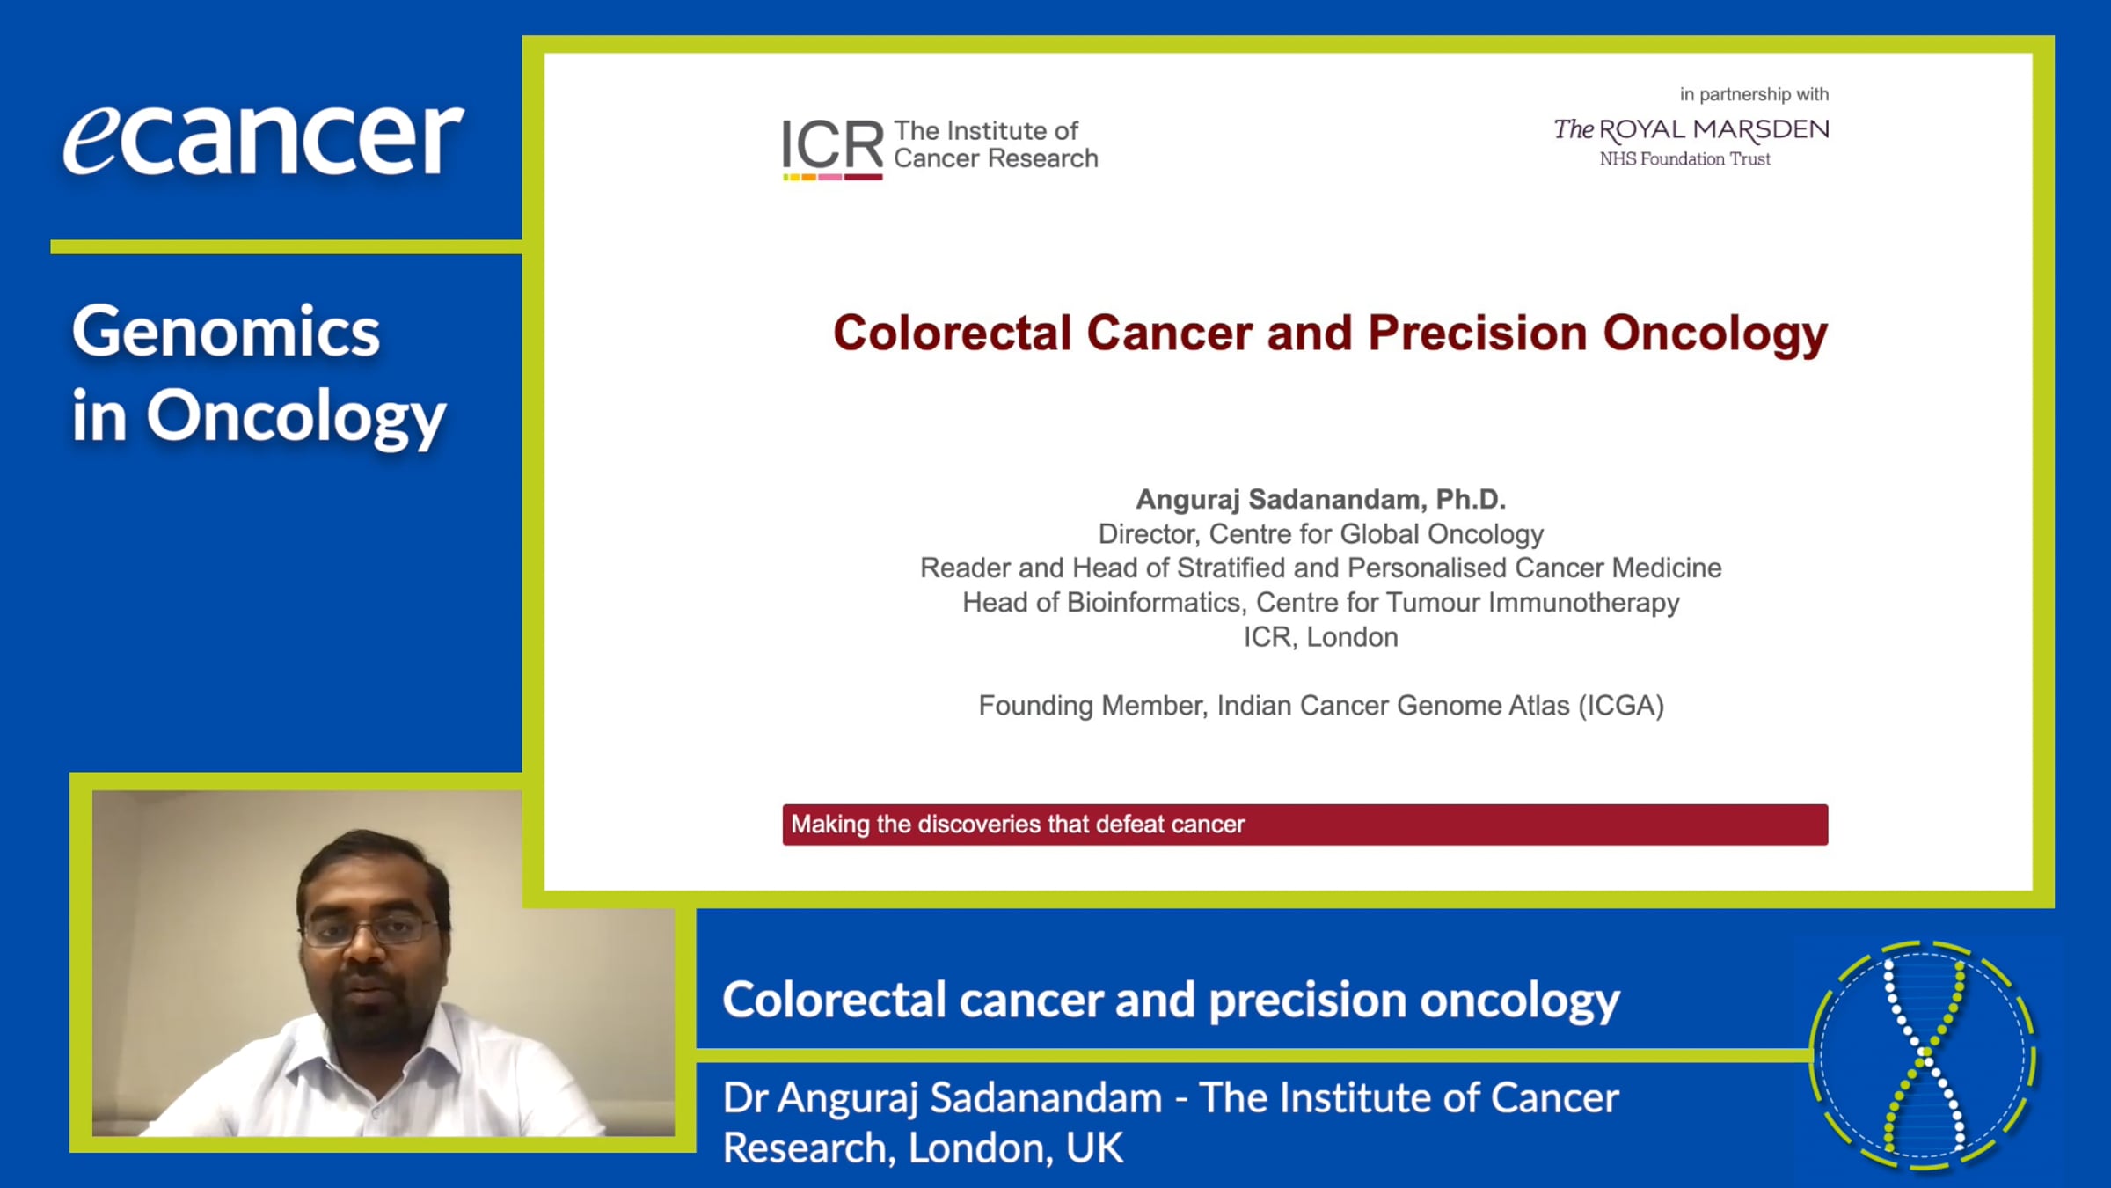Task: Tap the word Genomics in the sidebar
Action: (226, 332)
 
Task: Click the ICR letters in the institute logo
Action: (832, 143)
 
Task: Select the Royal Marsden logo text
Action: (1691, 130)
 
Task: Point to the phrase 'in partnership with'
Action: (1754, 94)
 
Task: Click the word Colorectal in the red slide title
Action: (953, 333)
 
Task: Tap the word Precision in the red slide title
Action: (1478, 333)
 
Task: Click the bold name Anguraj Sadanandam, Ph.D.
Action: (1320, 499)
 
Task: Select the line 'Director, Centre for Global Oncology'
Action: (1320, 533)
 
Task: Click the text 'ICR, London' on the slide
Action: (1320, 636)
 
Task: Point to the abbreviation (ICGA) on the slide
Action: (1620, 705)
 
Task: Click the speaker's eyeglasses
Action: (370, 929)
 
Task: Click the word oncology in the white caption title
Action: (1519, 1001)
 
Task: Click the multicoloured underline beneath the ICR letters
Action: (832, 177)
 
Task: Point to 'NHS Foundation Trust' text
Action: (1684, 159)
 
